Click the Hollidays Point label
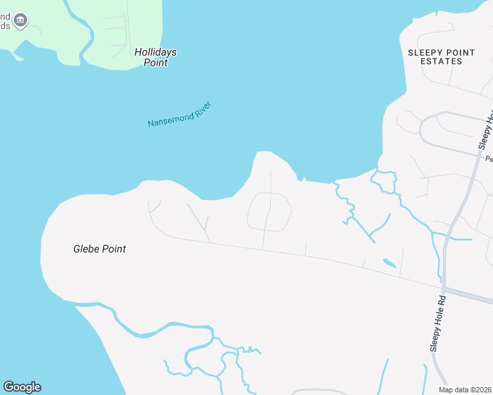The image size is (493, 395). coord(156,57)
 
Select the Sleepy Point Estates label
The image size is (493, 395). coord(434,57)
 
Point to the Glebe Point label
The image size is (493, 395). coord(99,249)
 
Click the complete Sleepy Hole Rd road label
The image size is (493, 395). coord(438,323)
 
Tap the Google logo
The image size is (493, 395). coord(22,387)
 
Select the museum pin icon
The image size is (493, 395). coord(20,20)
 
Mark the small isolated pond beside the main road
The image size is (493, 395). coord(390,263)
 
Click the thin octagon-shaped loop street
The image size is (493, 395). coord(269,211)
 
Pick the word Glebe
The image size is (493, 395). coord(86,249)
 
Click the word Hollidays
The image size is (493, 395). coord(156,52)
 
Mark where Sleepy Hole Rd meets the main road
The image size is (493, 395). coord(444,288)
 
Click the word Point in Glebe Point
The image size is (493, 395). coord(113,249)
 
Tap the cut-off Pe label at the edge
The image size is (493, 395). coord(489,159)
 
